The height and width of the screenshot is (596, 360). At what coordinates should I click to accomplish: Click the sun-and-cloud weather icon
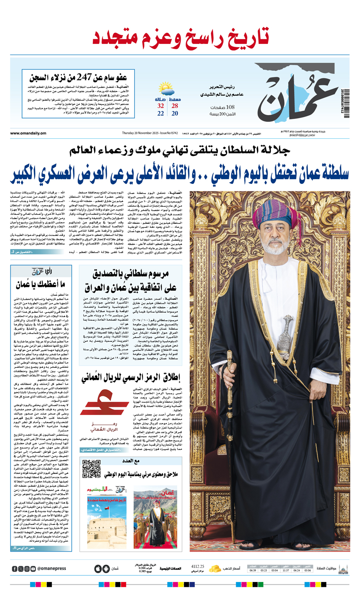pyautogui.click(x=166, y=88)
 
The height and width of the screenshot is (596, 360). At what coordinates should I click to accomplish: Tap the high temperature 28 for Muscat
pyautogui.click(x=175, y=106)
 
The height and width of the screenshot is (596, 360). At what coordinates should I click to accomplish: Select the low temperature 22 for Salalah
pyautogui.click(x=160, y=114)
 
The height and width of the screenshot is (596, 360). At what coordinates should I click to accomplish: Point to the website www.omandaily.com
pyautogui.click(x=28, y=133)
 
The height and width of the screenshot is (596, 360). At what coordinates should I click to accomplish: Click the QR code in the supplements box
pyautogui.click(x=91, y=469)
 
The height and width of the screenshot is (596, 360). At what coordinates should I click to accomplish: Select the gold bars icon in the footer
pyautogui.click(x=215, y=568)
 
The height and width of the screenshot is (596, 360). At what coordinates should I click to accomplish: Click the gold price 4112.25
pyautogui.click(x=198, y=566)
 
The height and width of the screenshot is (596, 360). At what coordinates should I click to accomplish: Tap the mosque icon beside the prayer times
pyautogui.click(x=343, y=568)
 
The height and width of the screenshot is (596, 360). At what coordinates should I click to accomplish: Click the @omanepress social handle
pyautogui.click(x=52, y=568)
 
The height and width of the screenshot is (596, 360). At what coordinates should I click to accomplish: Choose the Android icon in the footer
pyautogui.click(x=106, y=568)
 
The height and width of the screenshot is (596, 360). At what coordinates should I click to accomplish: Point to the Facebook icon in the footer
pyautogui.click(x=15, y=568)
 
